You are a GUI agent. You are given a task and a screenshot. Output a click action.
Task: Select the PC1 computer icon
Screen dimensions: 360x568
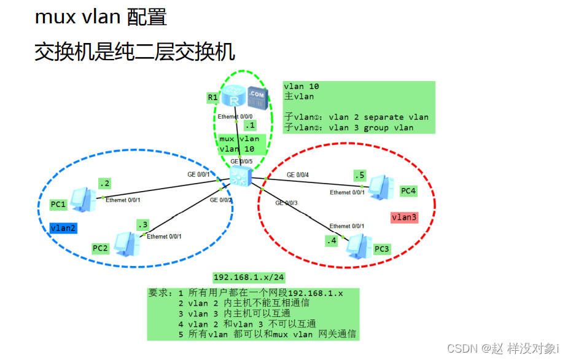82,198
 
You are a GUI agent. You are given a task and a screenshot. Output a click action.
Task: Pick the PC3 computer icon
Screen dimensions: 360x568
359,245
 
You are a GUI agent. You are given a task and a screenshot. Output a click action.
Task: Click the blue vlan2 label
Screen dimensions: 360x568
63,228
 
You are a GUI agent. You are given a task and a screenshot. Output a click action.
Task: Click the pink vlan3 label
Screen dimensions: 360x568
404,217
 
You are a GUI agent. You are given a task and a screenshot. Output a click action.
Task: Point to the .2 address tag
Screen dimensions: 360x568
105,184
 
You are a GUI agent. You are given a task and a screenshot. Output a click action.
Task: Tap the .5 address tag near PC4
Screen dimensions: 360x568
360,175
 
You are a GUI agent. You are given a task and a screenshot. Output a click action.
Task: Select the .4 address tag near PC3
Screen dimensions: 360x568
332,241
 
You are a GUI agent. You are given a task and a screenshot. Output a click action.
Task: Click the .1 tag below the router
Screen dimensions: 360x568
250,125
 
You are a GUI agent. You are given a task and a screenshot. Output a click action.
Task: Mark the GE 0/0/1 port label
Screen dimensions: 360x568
198,174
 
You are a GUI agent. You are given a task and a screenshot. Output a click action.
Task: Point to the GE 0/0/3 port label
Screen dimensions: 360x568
287,203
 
